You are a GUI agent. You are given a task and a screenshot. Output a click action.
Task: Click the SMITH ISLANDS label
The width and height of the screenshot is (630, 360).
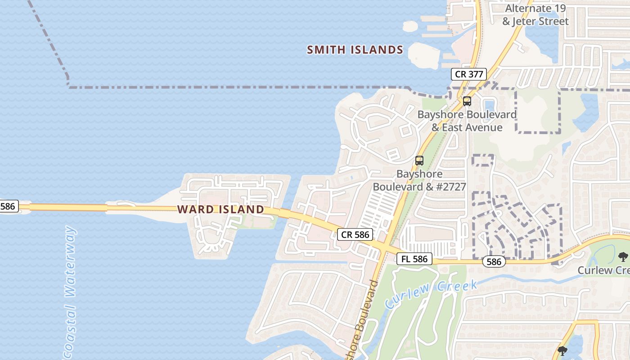(x=355, y=50)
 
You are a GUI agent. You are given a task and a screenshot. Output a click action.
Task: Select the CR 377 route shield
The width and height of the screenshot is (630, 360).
(x=469, y=74)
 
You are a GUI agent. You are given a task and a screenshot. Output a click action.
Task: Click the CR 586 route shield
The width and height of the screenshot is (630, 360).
(x=355, y=234)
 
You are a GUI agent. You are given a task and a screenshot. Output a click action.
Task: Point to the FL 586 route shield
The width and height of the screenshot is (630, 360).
(x=414, y=259)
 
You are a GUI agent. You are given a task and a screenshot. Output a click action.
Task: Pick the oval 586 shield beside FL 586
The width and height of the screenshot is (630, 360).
(x=494, y=261)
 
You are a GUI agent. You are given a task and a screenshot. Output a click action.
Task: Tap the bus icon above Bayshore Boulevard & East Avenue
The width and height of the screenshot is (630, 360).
(x=467, y=101)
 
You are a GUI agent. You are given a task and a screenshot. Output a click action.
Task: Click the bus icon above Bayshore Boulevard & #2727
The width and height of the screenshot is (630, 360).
(x=419, y=161)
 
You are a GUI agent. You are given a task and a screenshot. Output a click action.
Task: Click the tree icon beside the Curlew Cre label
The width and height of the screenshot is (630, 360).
(x=623, y=257)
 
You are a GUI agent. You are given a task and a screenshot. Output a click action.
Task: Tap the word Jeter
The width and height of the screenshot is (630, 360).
(x=525, y=21)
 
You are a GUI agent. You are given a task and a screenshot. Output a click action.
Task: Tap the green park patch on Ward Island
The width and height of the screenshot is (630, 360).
(x=255, y=222)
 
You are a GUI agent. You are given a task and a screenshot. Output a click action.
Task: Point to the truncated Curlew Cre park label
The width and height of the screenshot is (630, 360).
(x=603, y=270)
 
